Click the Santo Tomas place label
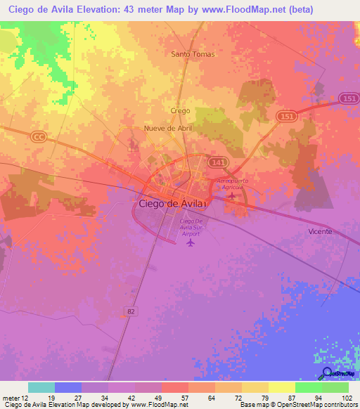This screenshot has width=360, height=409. [x=193, y=53]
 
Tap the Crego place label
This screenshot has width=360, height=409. [x=181, y=111]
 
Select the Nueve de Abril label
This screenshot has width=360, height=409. [x=167, y=129]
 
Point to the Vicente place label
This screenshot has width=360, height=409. [x=320, y=231]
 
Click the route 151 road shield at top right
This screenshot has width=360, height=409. [x=347, y=99]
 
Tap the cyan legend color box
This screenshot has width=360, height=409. [x=41, y=387]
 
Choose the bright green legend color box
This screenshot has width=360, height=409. [x=308, y=387]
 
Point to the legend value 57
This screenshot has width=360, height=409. [x=184, y=398]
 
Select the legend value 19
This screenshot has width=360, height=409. [x=51, y=398]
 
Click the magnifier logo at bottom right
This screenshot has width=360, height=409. [x=328, y=373]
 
